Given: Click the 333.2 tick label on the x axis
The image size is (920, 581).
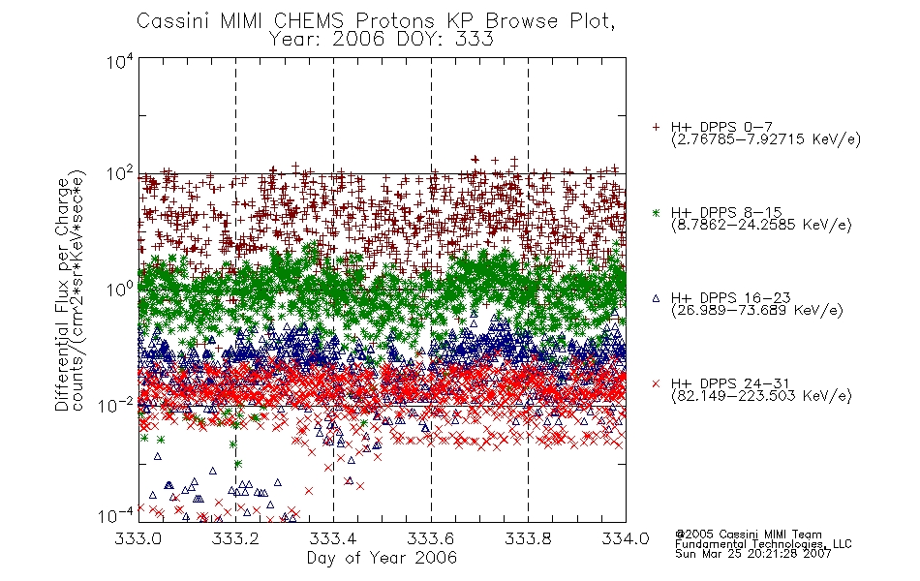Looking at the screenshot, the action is point(235,538).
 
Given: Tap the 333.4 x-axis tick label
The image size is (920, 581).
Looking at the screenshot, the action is point(333,538).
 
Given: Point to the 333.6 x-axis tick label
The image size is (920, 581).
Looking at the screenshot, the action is point(431,538).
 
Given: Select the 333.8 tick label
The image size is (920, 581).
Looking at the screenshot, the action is point(528,538).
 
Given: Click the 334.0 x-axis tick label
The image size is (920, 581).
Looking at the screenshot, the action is point(626,538).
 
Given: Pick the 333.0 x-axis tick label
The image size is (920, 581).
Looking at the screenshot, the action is point(138,538).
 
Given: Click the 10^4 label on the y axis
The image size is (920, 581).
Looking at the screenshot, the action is point(121,62).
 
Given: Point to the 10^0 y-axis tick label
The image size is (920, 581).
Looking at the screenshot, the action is point(121,290).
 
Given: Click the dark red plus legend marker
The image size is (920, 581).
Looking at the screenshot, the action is point(656,127).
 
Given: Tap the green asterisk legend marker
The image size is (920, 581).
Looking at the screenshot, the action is point(656,212).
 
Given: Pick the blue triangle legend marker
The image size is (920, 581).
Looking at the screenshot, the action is point(656,298).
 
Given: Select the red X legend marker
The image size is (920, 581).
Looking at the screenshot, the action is point(656,383).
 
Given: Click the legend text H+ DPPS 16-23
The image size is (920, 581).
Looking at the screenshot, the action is point(731,297).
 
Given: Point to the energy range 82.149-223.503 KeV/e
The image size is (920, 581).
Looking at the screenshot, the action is point(761,396).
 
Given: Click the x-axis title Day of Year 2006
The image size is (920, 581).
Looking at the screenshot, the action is point(382,558).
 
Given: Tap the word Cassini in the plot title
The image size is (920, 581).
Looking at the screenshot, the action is point(173,21).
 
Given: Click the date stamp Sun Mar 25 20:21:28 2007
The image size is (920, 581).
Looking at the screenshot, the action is point(753,554).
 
